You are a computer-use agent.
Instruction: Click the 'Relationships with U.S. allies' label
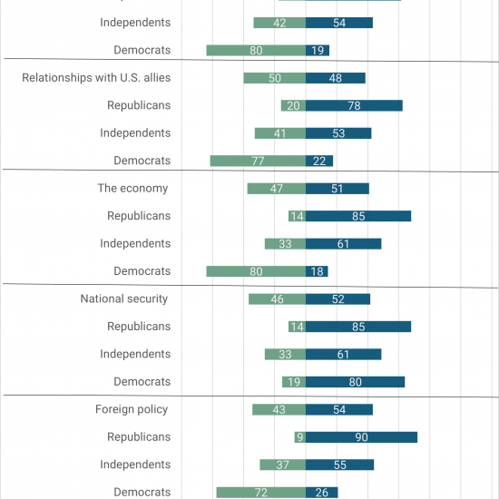point(96,78)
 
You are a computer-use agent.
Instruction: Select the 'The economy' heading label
point(132,188)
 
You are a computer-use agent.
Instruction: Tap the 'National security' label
point(124,298)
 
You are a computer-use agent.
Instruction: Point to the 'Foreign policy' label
point(132,409)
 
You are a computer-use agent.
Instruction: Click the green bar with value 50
point(275,78)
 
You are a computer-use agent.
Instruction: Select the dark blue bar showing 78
point(354,105)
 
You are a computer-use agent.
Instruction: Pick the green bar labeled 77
point(258,161)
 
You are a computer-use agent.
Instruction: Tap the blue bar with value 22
point(319,161)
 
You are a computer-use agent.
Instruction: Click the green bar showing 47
point(277,189)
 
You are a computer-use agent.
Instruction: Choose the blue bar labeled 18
point(317,271)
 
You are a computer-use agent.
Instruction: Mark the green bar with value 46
point(278,299)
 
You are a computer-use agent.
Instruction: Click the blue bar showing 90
point(361,437)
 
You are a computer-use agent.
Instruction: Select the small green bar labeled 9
point(300,437)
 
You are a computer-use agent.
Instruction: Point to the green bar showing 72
point(261,493)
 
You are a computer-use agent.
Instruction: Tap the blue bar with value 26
point(322,493)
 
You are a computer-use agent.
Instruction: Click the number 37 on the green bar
point(282,465)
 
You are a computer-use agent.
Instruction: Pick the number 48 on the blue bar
point(336,78)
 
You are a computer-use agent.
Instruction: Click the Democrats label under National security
point(142,382)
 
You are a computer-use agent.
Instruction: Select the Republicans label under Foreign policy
point(139,437)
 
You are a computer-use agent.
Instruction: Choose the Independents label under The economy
point(135,243)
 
